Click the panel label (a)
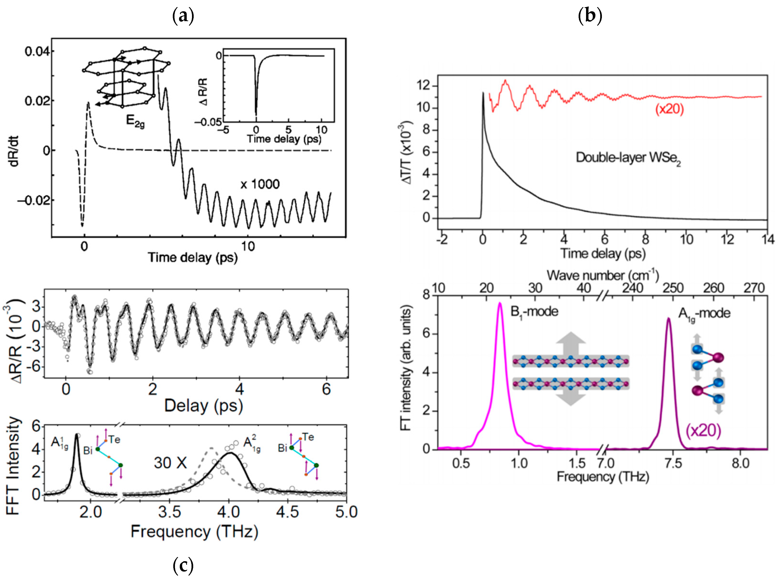point(183,16)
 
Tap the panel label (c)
point(183,565)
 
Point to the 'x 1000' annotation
point(260,184)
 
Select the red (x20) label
point(669,109)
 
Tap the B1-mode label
point(534,312)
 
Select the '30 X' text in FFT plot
point(170,463)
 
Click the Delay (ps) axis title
point(204,406)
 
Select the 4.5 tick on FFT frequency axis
point(288,512)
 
